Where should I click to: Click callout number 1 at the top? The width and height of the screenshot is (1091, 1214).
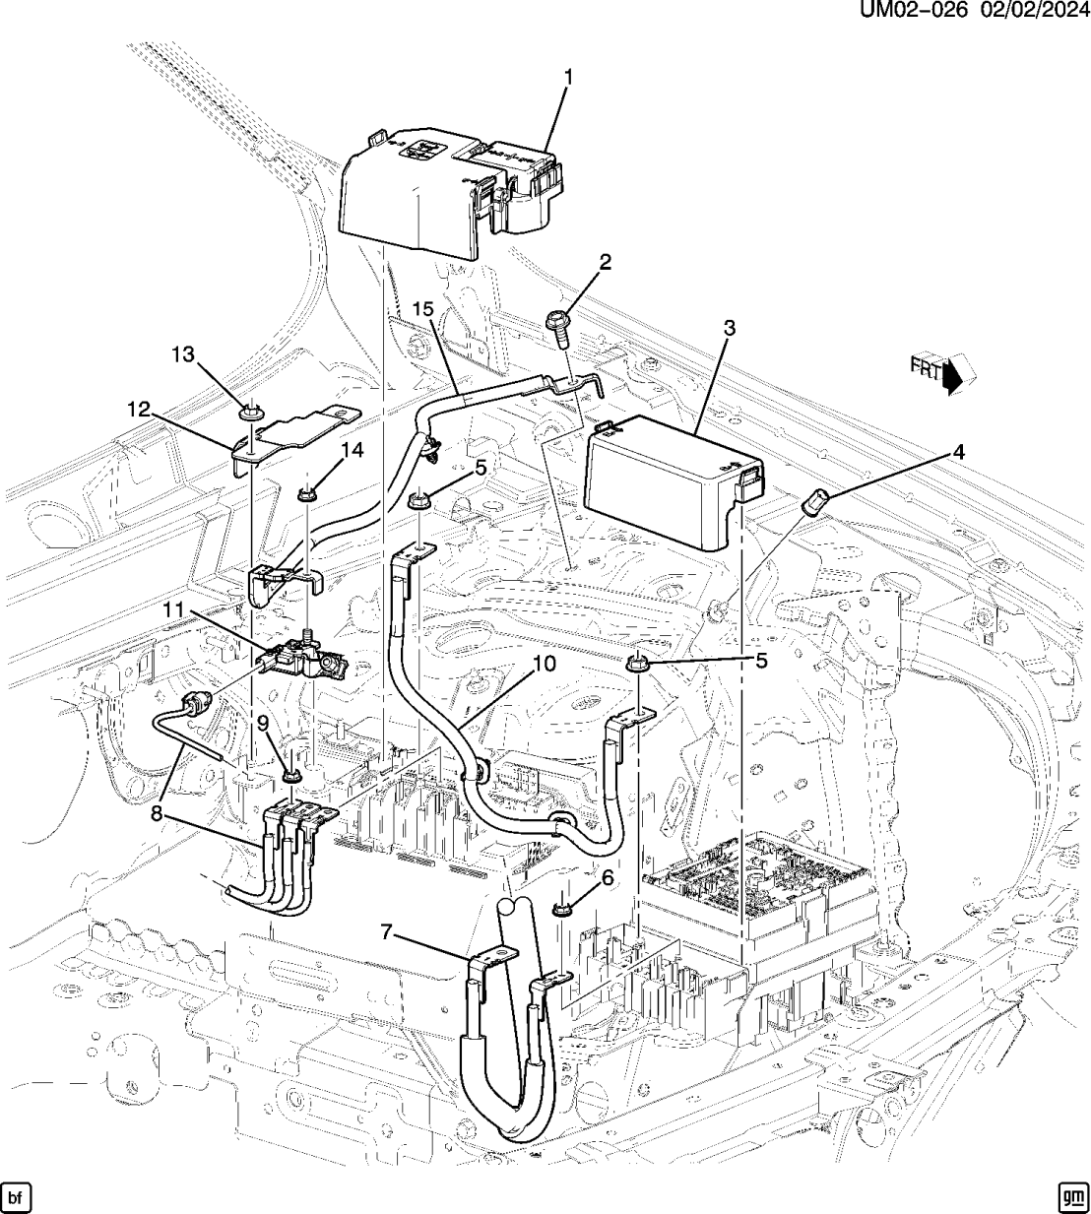568,78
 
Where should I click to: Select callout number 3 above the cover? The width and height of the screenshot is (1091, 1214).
729,329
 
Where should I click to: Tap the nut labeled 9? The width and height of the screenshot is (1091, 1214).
291,776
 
